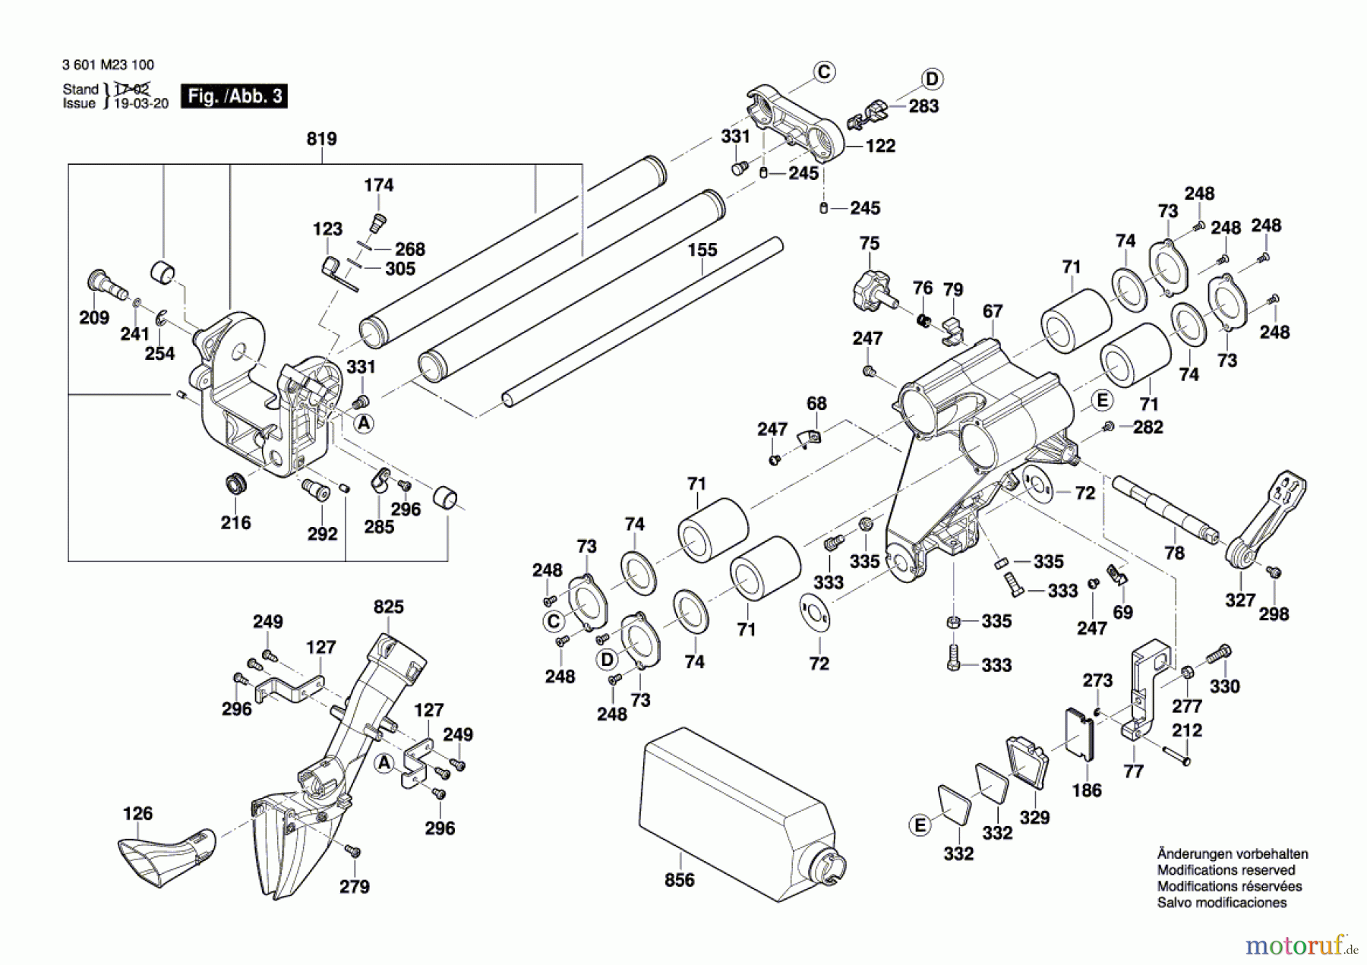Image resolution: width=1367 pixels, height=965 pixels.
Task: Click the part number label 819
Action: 321,139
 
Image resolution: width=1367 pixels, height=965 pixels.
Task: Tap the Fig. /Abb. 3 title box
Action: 234,96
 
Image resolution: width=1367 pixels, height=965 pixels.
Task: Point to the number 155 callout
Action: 702,250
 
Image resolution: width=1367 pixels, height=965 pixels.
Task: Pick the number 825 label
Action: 388,607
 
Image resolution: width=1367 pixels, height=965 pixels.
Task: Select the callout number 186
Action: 1086,790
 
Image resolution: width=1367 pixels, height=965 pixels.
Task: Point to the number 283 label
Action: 923,106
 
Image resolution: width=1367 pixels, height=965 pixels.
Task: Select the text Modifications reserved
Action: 1226,870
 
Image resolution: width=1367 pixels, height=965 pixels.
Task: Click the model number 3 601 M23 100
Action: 108,65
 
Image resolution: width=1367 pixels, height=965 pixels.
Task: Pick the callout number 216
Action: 235,523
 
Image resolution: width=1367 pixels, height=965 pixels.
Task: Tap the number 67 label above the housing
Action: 992,311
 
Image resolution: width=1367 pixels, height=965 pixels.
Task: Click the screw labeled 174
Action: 377,222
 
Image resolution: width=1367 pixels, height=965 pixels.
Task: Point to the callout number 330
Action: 1224,686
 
